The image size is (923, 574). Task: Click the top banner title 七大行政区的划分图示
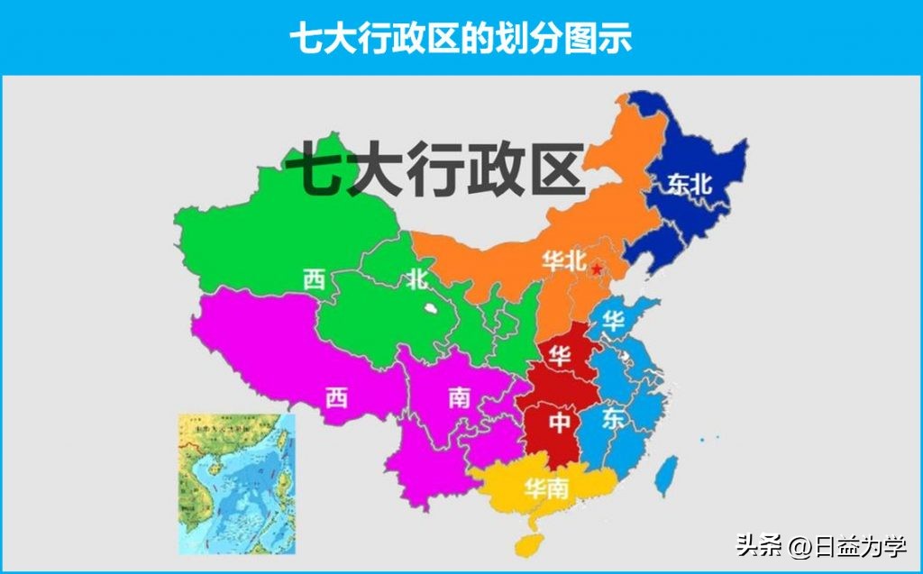click(x=461, y=37)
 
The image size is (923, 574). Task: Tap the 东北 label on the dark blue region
click(x=690, y=184)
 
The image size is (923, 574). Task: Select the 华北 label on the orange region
click(x=564, y=261)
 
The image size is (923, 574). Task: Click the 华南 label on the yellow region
click(x=546, y=489)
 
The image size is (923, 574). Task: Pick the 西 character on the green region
click(x=314, y=279)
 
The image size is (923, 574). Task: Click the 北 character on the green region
click(x=416, y=279)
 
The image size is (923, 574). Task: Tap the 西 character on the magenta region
click(x=336, y=396)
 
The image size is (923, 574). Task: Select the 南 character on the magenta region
click(x=459, y=396)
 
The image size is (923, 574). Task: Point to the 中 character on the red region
click(x=561, y=420)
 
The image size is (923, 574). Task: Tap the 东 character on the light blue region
click(x=614, y=419)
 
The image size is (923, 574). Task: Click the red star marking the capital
click(x=596, y=268)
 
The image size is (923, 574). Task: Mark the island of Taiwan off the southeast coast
click(x=666, y=475)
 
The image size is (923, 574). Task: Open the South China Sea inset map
click(x=235, y=484)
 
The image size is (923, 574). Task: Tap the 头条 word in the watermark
click(x=756, y=545)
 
